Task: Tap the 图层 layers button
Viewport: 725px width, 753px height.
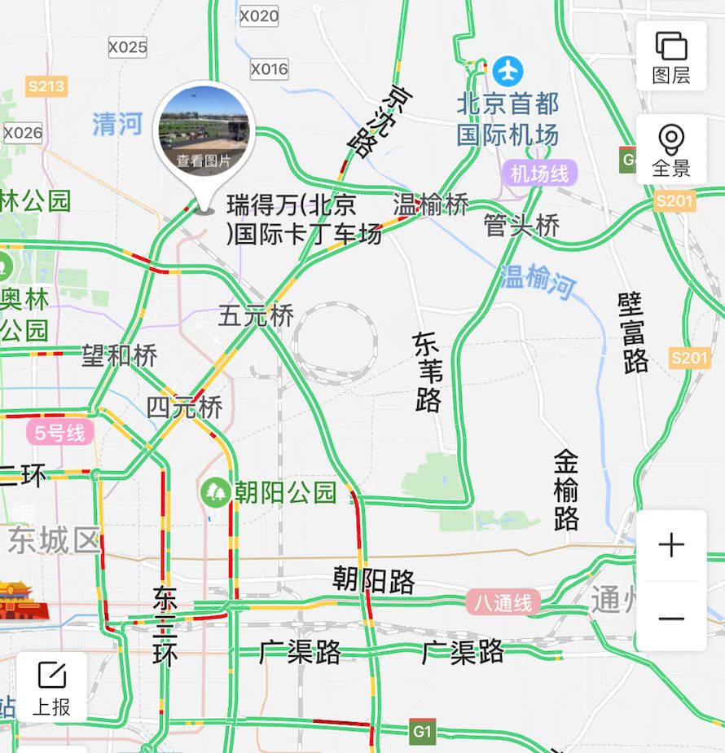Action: click(x=670, y=56)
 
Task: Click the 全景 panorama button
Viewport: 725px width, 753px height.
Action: click(x=670, y=150)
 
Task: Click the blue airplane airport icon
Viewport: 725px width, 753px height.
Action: click(x=508, y=71)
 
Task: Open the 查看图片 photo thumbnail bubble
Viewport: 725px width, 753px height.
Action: click(x=204, y=131)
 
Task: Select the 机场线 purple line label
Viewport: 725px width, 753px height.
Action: click(x=539, y=173)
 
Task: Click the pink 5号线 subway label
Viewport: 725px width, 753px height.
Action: click(x=59, y=432)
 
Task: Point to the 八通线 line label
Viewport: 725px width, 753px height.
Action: click(x=503, y=603)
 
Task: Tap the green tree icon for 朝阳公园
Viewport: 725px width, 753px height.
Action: click(x=216, y=491)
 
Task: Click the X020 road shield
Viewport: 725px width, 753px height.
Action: click(x=260, y=15)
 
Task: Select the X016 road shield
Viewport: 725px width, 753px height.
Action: click(x=269, y=69)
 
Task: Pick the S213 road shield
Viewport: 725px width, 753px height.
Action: click(x=46, y=86)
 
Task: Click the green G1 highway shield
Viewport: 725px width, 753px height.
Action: click(x=422, y=731)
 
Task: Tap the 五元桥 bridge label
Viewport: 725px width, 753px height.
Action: click(x=255, y=315)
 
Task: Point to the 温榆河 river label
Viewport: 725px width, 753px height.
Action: click(x=538, y=282)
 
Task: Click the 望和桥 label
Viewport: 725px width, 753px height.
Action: click(x=119, y=355)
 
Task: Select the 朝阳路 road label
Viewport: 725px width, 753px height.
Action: click(x=374, y=581)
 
